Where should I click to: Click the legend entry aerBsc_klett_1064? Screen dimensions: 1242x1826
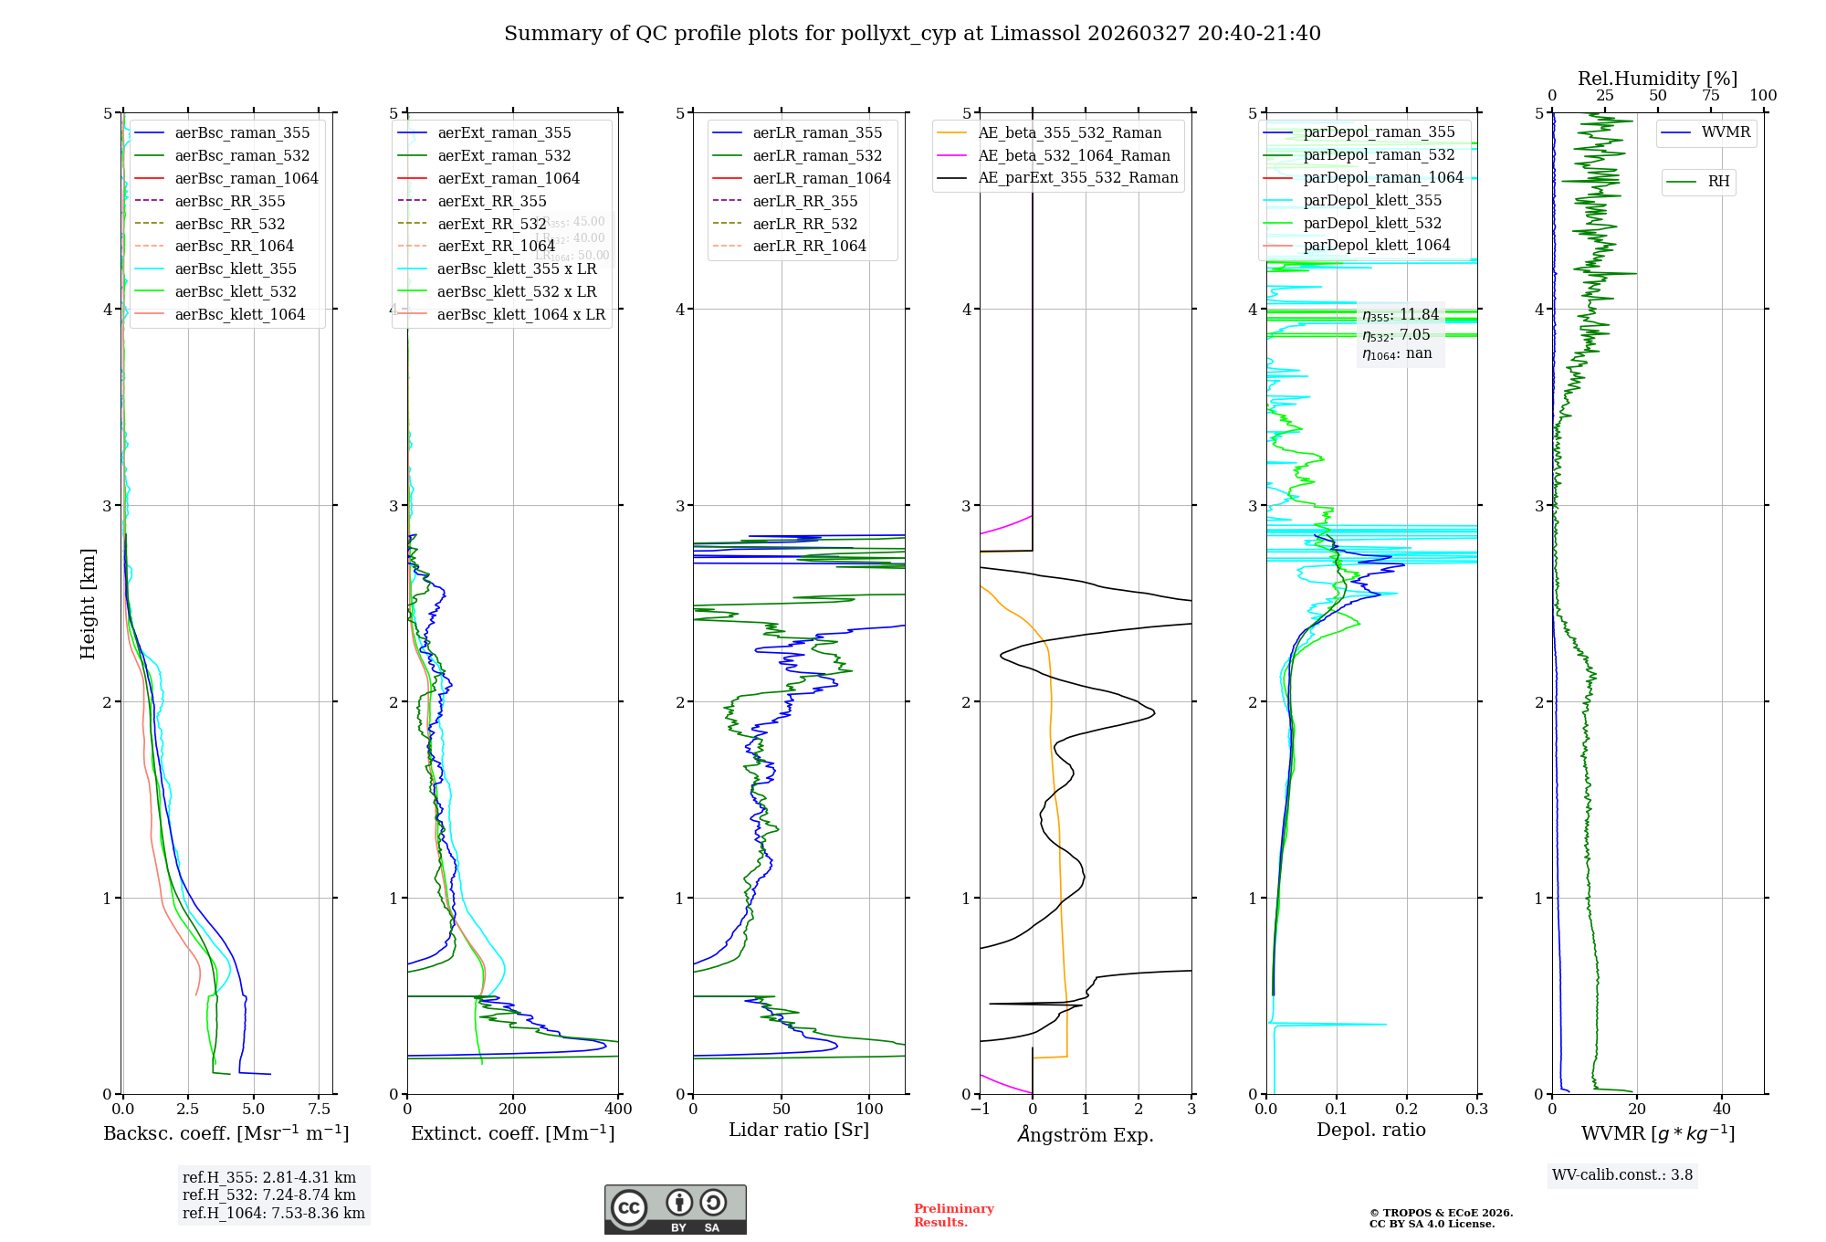[x=240, y=314]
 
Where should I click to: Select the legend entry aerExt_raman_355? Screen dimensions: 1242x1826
[x=504, y=133]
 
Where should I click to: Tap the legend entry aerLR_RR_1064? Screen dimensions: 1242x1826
[x=809, y=246]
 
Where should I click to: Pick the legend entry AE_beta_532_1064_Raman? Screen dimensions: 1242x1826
[x=1074, y=155]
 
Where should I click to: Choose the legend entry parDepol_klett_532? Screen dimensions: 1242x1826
[x=1372, y=223]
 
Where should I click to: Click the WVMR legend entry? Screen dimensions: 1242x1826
[x=1726, y=132]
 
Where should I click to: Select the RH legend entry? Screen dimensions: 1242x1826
[x=1718, y=182]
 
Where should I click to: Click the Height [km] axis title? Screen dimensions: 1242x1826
[x=88, y=604]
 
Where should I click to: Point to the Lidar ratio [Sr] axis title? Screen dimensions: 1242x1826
[x=799, y=1130]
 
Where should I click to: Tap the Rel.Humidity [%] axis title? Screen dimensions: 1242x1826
[x=1657, y=79]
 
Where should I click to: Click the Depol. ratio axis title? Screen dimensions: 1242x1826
[x=1370, y=1130]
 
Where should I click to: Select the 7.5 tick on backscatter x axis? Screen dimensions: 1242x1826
[x=319, y=1110]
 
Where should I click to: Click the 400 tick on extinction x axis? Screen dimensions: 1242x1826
[x=618, y=1110]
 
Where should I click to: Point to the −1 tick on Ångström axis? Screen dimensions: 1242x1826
[x=980, y=1110]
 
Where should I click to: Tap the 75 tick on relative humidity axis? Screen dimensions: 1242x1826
[x=1710, y=96]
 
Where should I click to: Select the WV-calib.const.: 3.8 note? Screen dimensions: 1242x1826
[x=1622, y=1175]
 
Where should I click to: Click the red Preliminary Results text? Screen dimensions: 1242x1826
[x=953, y=1216]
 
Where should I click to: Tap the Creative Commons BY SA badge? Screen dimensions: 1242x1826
[x=675, y=1209]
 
